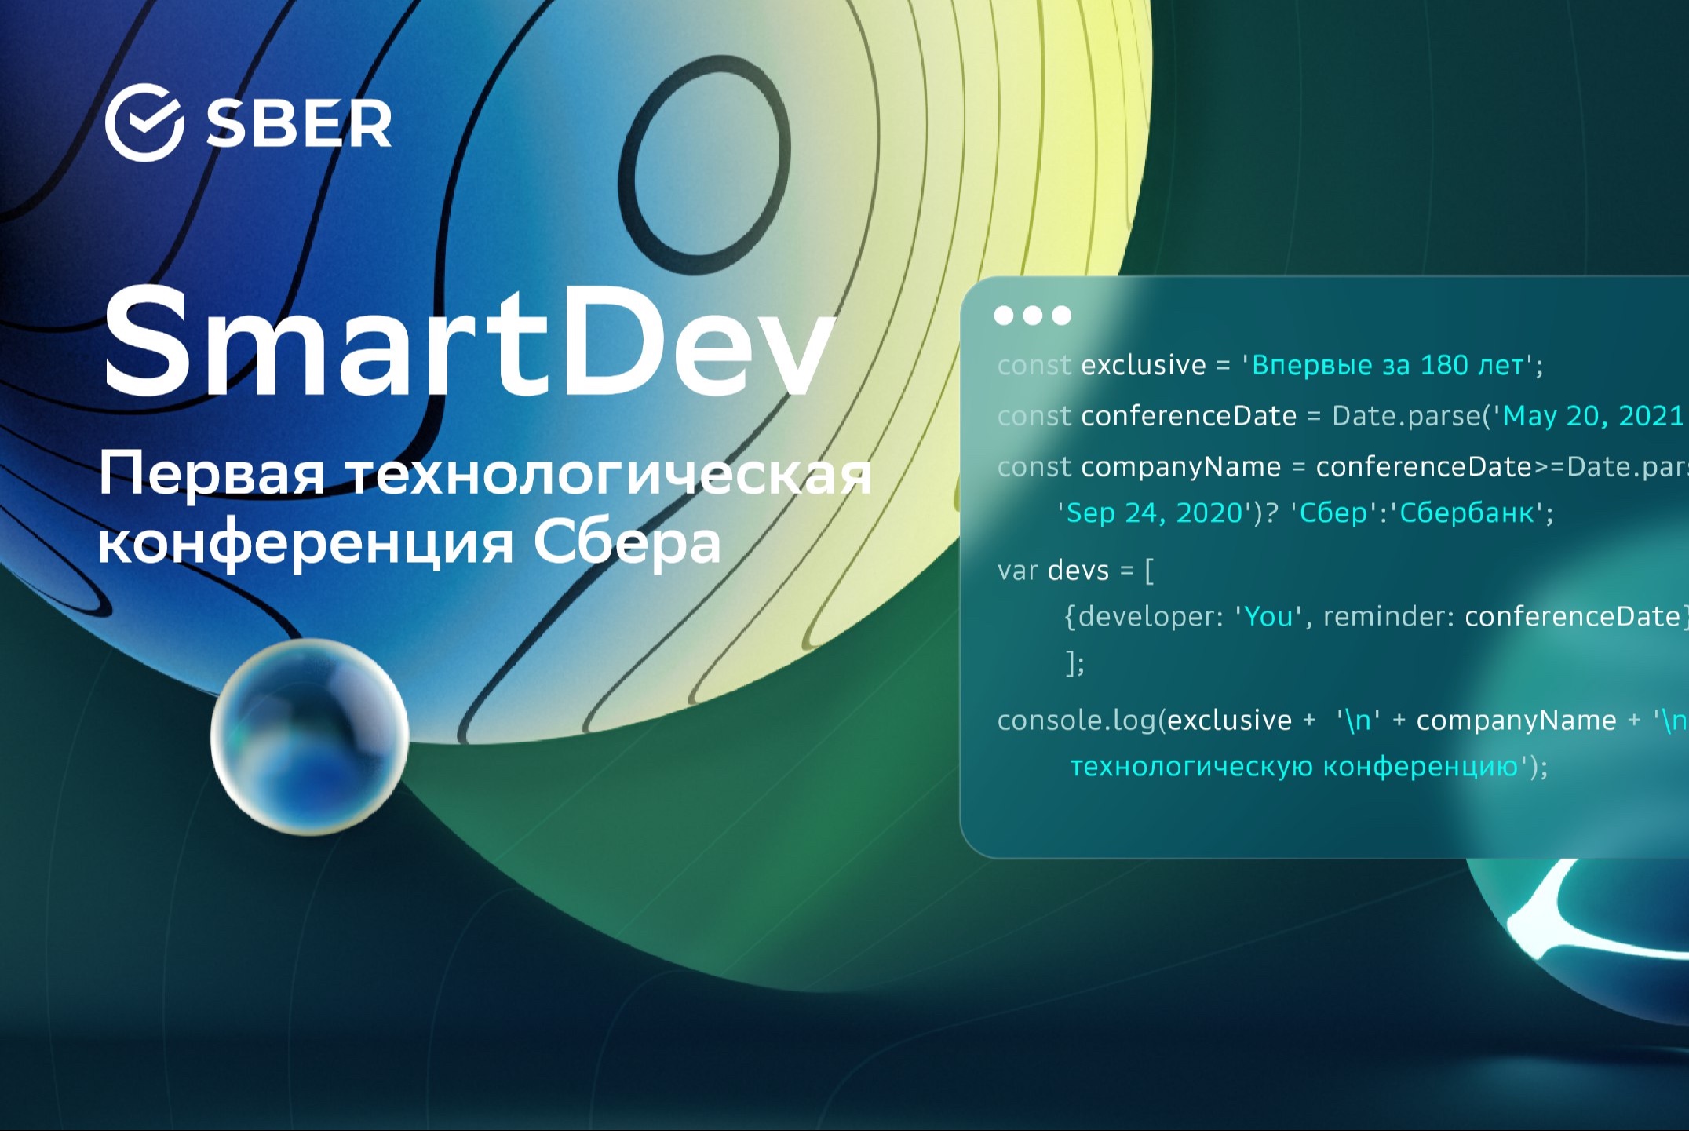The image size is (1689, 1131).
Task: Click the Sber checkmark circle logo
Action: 144,123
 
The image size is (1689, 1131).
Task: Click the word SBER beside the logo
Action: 298,124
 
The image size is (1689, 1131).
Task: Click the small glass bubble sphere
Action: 309,736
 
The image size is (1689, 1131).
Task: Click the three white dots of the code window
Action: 1032,316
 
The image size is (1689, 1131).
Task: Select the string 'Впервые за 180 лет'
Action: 1388,366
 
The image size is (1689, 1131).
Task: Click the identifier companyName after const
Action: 1180,468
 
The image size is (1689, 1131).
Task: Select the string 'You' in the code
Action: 1268,617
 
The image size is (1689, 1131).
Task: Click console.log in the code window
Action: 1077,721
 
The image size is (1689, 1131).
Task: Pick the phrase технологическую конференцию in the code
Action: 1293,766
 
